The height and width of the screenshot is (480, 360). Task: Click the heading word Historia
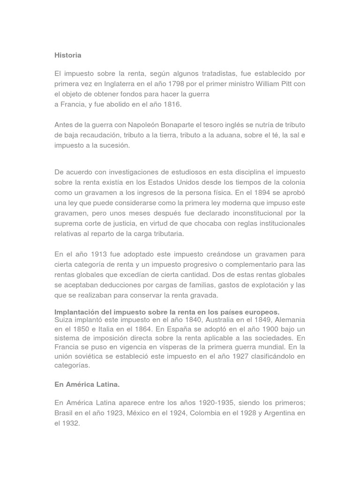point(67,55)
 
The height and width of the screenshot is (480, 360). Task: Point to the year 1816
point(171,104)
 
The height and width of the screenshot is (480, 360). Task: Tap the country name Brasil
point(64,413)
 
